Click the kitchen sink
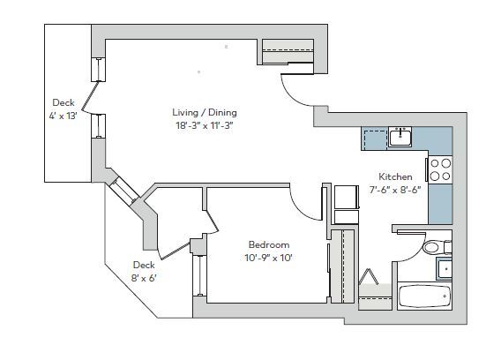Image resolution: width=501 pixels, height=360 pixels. tap(401, 137)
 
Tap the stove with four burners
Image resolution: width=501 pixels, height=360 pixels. tap(440, 170)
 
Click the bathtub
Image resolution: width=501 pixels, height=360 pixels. tap(425, 296)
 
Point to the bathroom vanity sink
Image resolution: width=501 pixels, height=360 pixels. tap(446, 268)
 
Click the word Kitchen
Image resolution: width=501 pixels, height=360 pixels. tap(395, 176)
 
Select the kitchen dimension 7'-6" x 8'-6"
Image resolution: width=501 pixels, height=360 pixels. tap(395, 189)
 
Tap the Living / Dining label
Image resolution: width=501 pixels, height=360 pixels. tap(205, 113)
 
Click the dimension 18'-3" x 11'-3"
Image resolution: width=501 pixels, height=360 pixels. tap(205, 125)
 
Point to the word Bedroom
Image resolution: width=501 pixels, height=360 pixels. tap(269, 244)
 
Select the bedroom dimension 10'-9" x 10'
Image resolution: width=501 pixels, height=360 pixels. tap(269, 258)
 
